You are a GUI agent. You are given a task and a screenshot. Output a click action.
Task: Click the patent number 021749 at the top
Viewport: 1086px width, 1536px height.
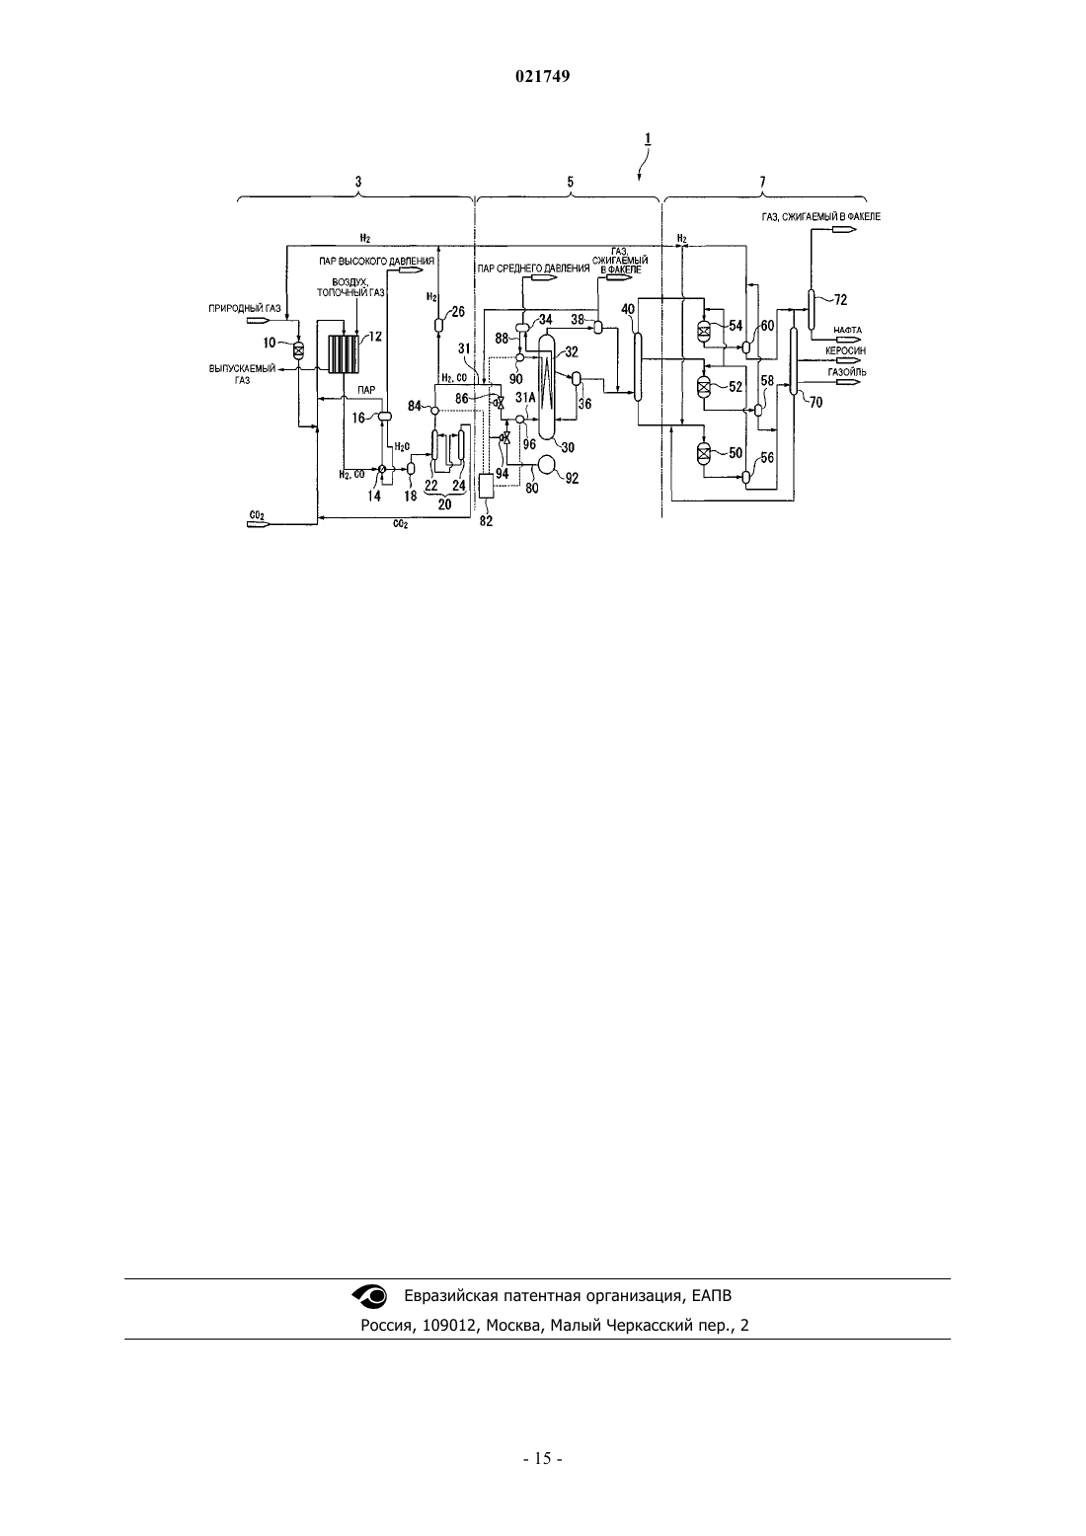[542, 76]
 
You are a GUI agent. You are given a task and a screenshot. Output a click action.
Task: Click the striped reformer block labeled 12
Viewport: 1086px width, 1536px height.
[345, 353]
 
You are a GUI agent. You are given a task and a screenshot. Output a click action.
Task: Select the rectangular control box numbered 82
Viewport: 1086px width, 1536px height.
[486, 487]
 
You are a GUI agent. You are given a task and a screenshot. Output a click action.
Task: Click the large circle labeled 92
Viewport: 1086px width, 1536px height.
[548, 465]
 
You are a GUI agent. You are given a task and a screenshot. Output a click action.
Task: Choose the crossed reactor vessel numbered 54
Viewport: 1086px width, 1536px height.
[703, 332]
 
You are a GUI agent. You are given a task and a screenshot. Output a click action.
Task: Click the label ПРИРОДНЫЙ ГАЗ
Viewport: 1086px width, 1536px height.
[245, 309]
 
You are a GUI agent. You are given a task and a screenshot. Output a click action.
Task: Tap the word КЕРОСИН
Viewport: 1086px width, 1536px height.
[845, 350]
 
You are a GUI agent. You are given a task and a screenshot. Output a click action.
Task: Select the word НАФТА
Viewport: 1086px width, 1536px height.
[848, 330]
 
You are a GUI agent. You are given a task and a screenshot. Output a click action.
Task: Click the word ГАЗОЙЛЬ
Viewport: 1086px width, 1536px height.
[847, 372]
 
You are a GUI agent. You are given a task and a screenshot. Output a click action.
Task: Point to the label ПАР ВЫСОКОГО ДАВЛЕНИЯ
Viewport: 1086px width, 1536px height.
[376, 262]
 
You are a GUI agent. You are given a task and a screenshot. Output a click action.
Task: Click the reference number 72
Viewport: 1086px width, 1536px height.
[840, 300]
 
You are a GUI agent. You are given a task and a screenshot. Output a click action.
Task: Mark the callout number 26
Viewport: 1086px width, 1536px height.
[457, 312]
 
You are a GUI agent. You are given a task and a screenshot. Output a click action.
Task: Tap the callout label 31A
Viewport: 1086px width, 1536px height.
[525, 397]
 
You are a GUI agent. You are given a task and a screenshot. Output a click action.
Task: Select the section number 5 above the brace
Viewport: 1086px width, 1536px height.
[570, 182]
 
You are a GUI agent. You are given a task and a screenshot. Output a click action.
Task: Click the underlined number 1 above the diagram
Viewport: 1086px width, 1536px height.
[648, 139]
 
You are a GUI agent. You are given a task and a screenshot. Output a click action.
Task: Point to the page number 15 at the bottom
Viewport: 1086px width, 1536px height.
[542, 1458]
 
